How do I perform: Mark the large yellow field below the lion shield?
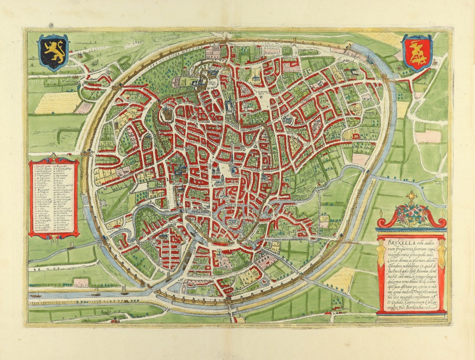point(57,102)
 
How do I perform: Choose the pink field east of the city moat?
point(428,136)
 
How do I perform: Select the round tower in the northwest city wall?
point(166,114)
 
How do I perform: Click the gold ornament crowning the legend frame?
point(52,157)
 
